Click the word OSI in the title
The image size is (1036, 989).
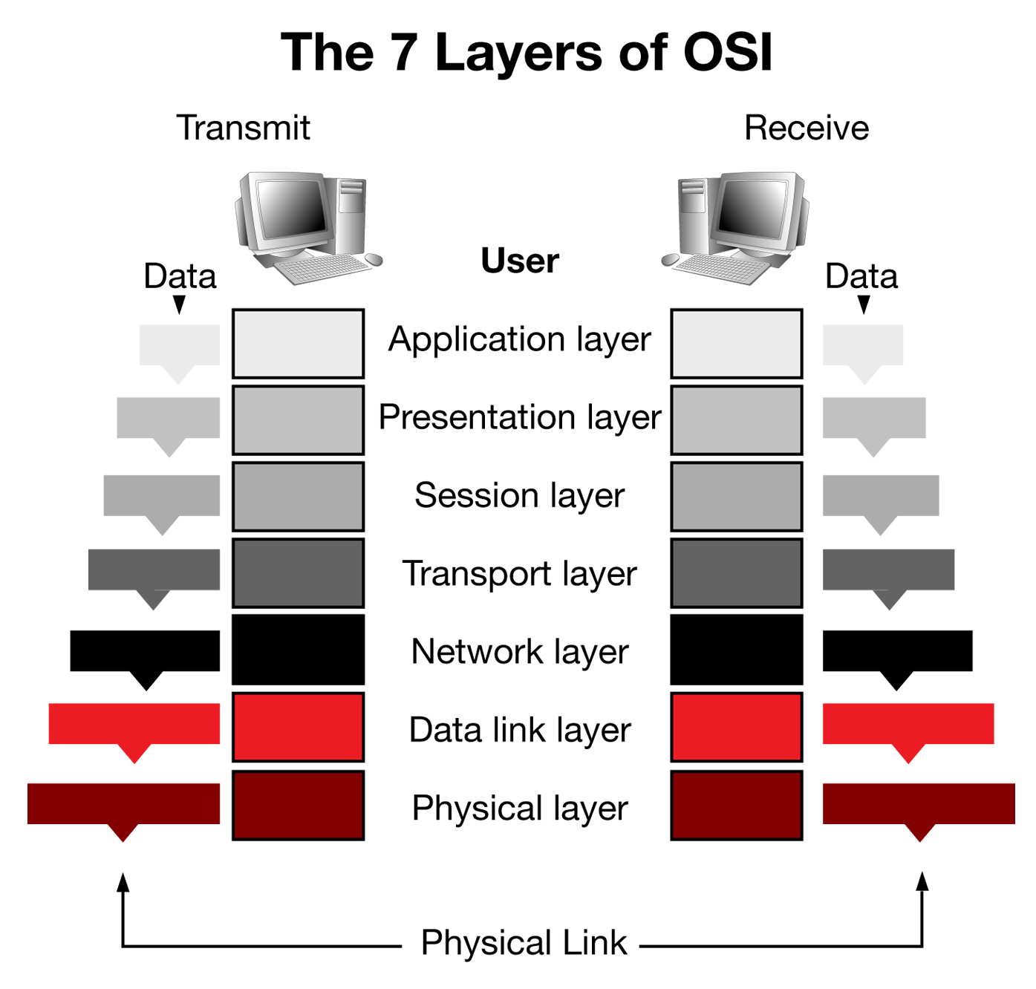point(727,53)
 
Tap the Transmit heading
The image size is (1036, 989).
point(243,128)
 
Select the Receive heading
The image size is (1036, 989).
point(807,128)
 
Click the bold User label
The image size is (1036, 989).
point(519,261)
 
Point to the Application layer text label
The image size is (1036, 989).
point(519,340)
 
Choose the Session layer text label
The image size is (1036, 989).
point(519,495)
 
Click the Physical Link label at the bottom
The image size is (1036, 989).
point(524,942)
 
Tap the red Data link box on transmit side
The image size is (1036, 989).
point(298,727)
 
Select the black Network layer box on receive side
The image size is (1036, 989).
point(736,650)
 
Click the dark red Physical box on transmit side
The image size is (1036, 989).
point(298,806)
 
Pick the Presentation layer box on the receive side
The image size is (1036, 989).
point(736,420)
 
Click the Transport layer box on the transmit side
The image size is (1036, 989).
point(298,573)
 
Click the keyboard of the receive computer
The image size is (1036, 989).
point(723,267)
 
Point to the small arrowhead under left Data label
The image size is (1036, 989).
point(179,304)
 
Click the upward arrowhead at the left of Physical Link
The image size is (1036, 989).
point(123,882)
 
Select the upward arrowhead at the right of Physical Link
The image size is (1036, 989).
point(922,882)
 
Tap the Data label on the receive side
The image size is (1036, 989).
point(861,276)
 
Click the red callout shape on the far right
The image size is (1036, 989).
point(908,725)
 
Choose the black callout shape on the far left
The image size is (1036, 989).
point(145,651)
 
